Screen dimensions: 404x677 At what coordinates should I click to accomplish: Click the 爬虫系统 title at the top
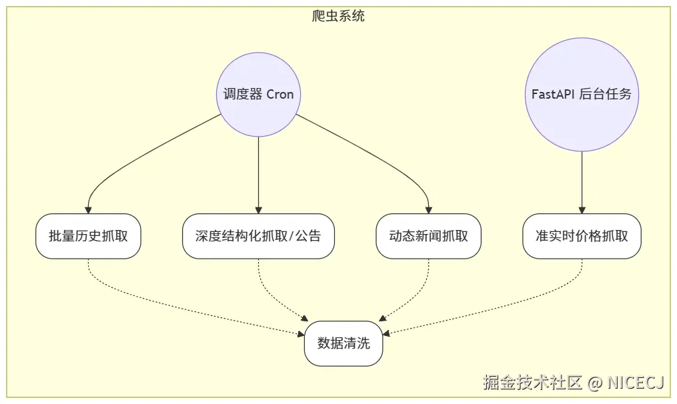338,16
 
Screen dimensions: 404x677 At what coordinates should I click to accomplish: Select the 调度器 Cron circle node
258,95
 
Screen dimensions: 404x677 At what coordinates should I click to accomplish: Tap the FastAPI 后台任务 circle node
582,95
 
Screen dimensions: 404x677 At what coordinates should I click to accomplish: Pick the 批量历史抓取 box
88,236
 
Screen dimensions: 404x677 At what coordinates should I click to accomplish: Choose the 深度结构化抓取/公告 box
258,236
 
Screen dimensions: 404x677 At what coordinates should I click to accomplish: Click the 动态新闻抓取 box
428,236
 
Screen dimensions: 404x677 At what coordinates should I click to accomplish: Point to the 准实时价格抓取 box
582,236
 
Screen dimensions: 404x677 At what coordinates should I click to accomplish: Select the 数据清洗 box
344,343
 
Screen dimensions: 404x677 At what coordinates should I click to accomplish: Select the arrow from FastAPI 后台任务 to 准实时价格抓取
582,180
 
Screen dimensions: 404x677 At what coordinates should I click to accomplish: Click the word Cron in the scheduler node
280,95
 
